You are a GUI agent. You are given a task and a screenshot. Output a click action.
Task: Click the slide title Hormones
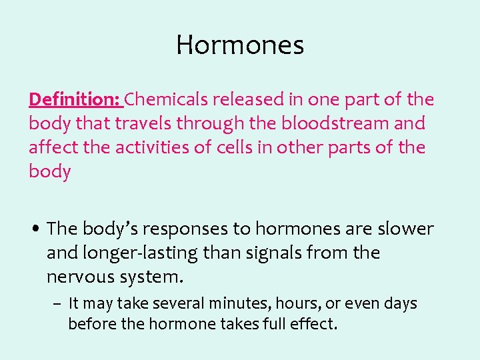240,45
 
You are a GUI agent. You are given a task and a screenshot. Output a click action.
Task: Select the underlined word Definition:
74,100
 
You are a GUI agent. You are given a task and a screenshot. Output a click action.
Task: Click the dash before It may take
58,305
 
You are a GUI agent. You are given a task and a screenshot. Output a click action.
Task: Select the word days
400,304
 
